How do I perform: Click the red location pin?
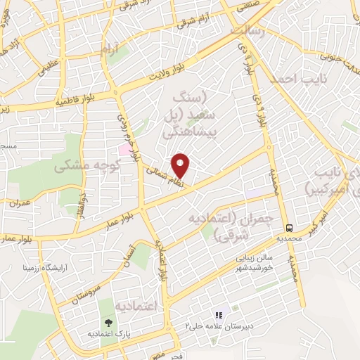pyautogui.click(x=181, y=165)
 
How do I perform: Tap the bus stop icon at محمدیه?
pyautogui.click(x=289, y=227)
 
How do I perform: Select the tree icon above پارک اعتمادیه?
pyautogui.click(x=108, y=323)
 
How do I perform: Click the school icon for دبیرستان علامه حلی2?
pyautogui.click(x=218, y=316)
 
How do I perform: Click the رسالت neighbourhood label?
pyautogui.click(x=250, y=31)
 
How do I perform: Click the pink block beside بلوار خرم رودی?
pyautogui.click(x=124, y=150)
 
